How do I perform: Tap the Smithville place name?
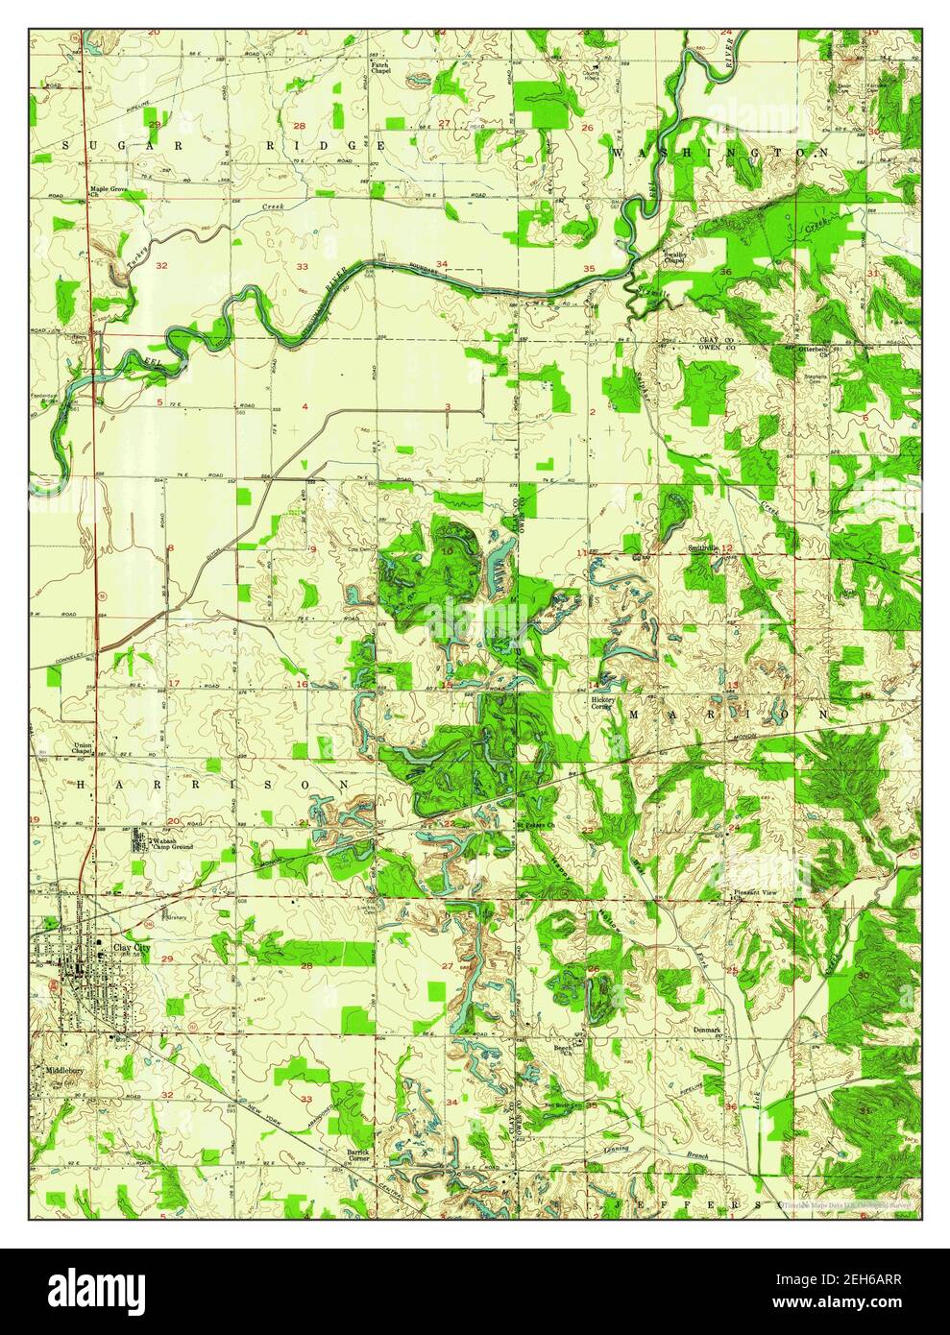pyautogui.click(x=702, y=547)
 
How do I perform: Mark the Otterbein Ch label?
pyautogui.click(x=816, y=349)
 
